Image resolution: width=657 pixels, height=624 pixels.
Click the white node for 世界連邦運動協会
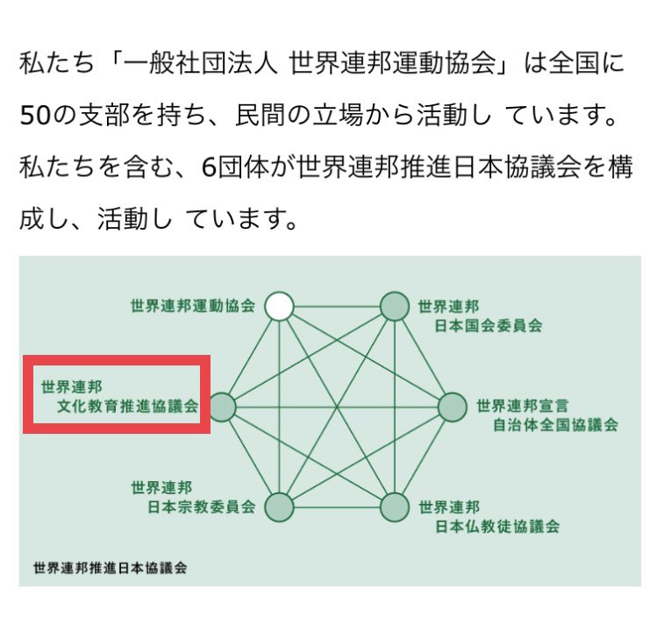point(279,306)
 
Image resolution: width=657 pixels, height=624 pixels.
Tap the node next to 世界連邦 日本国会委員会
point(394,306)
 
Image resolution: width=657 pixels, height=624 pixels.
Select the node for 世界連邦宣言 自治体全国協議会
point(453,407)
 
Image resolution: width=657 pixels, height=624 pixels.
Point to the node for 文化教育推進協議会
point(221,407)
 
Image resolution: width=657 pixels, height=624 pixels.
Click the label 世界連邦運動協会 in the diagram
point(192,307)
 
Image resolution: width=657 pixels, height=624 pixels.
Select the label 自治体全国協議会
point(553,425)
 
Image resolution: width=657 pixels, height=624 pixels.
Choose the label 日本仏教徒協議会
point(497,527)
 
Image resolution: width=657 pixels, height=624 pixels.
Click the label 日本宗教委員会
point(199,507)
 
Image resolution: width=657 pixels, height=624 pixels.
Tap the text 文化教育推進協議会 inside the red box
point(128,407)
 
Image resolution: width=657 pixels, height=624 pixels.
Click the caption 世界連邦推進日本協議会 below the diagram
point(110,567)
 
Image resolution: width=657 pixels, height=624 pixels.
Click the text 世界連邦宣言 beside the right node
point(522,406)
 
